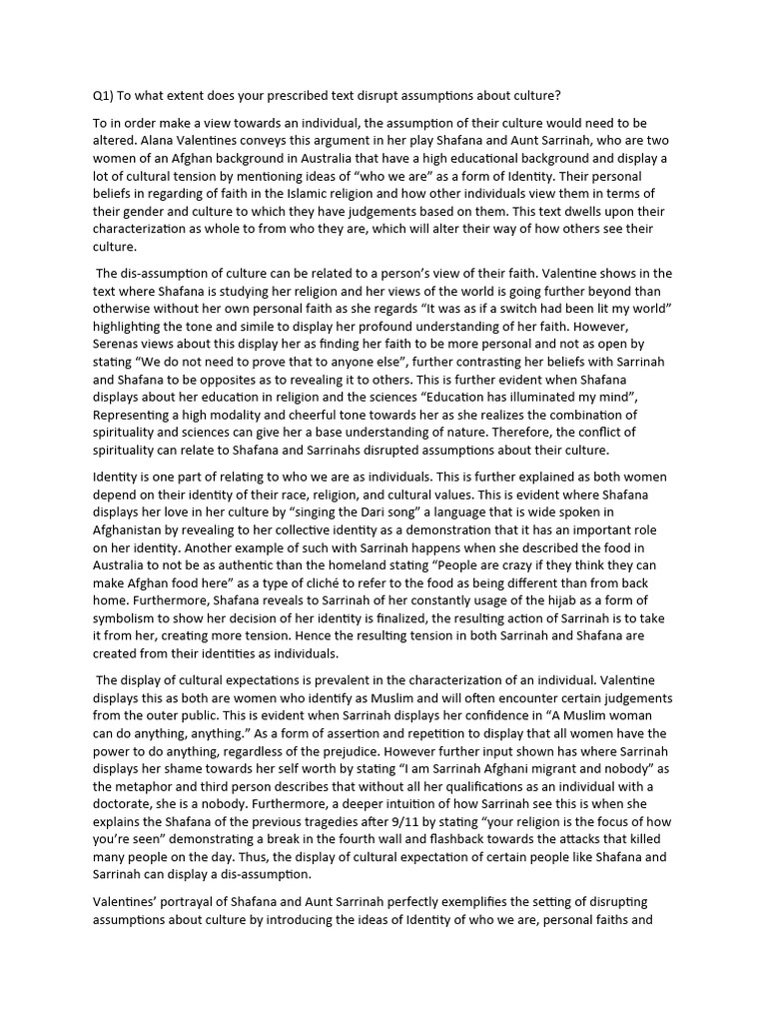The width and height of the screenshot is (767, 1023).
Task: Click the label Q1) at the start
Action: click(x=102, y=96)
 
